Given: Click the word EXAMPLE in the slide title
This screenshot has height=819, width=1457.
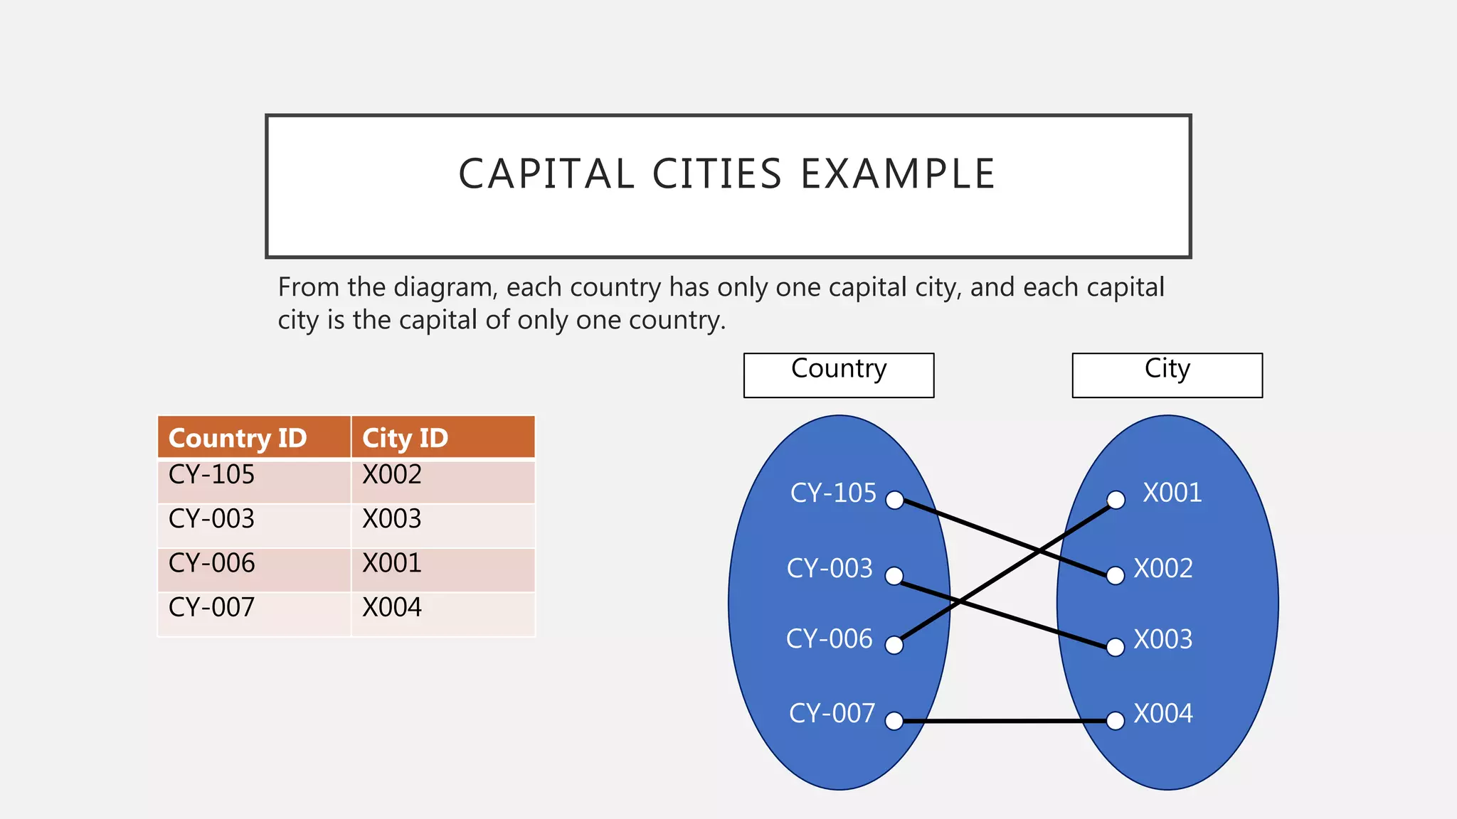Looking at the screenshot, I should [898, 174].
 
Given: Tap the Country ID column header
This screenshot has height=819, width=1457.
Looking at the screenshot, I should [238, 438].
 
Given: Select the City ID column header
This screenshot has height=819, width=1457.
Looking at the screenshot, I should [405, 438].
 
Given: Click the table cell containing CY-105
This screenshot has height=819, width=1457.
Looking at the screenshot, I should [211, 475].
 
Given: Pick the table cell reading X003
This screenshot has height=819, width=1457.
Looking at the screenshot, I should [392, 519].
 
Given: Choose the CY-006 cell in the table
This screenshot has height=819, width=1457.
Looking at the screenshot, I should [211, 563].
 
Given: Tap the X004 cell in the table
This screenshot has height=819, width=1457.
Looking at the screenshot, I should [392, 608].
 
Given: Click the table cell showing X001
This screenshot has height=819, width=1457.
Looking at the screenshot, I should [392, 563].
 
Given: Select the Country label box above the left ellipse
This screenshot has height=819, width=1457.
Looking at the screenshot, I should [839, 375].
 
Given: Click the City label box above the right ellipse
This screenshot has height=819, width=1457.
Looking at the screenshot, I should [1167, 375].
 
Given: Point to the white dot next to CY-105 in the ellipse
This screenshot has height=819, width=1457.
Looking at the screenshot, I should [894, 500].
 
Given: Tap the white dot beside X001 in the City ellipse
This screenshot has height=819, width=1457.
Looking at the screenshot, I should [1116, 500].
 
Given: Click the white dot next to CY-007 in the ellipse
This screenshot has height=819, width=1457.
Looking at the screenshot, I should [894, 721].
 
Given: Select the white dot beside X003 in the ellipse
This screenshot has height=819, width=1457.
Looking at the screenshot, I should [1116, 647].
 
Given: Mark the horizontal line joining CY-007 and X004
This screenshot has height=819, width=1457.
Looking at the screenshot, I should [1005, 721].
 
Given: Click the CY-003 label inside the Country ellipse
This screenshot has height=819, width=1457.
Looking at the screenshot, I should [830, 569].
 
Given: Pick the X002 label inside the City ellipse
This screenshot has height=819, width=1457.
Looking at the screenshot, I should [1163, 569].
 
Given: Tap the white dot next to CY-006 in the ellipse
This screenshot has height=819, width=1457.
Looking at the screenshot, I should [894, 645].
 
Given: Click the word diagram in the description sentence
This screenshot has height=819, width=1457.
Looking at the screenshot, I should [443, 288].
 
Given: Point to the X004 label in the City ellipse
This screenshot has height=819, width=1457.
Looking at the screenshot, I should [1163, 714].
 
